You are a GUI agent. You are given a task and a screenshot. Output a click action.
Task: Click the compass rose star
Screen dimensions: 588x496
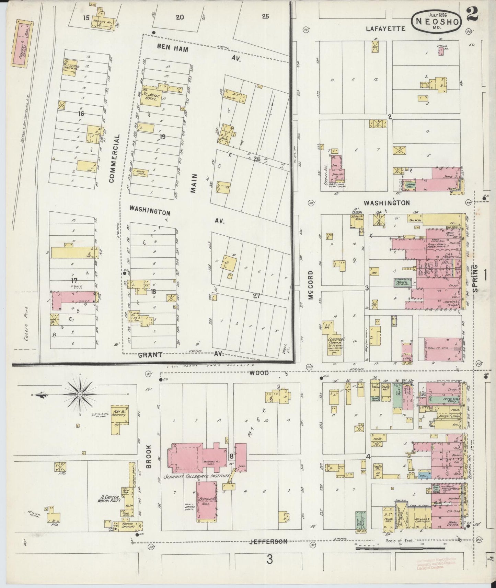click(x=80, y=395)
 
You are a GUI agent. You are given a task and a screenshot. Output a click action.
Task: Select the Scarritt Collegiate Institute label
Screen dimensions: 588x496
click(x=197, y=477)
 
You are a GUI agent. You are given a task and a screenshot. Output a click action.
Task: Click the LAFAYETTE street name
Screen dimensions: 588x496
click(x=385, y=29)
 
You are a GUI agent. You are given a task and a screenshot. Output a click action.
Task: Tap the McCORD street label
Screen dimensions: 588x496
click(x=311, y=285)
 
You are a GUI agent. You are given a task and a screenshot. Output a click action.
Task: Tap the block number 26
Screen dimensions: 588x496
click(x=257, y=159)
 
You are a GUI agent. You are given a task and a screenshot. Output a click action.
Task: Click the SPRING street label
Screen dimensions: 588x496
click(x=476, y=278)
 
